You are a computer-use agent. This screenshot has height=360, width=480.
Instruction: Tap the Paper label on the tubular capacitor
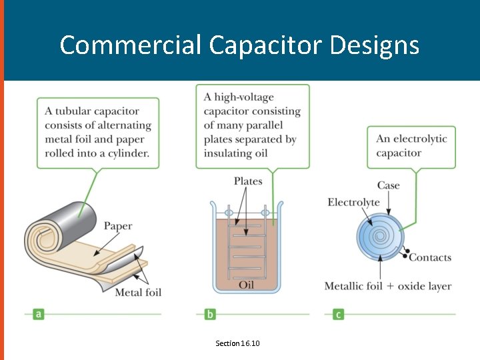tap(117, 226)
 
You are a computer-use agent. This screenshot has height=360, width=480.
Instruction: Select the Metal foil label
tap(138, 292)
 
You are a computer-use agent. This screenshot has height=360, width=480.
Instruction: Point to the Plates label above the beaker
tap(248, 181)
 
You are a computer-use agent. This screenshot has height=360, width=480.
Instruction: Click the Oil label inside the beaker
tap(246, 285)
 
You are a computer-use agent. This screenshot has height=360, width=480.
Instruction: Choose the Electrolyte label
tap(353, 202)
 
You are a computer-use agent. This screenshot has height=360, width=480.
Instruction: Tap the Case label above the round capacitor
tap(389, 185)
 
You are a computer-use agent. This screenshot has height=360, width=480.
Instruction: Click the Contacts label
tap(430, 257)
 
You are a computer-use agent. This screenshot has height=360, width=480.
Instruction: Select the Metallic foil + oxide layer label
tap(387, 286)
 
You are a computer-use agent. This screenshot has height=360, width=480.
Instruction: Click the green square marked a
tap(39, 314)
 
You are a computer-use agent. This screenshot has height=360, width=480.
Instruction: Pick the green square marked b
tap(211, 314)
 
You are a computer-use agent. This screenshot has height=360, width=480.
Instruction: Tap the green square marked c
tap(339, 314)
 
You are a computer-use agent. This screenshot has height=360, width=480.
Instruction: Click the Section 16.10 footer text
tap(237, 343)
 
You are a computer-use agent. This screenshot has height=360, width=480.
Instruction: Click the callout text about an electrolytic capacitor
tap(411, 145)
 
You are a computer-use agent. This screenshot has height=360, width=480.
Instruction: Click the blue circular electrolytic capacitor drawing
tap(380, 237)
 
